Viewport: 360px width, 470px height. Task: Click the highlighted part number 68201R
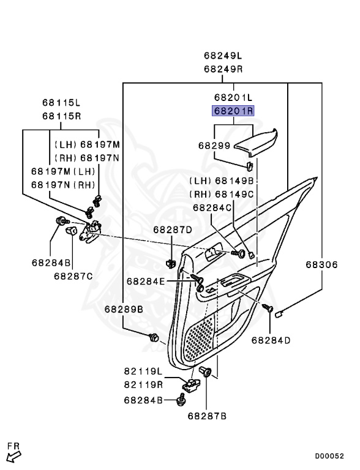pyautogui.click(x=233, y=111)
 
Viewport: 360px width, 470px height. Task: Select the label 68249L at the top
pyautogui.click(x=223, y=56)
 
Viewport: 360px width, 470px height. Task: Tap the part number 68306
pyautogui.click(x=321, y=264)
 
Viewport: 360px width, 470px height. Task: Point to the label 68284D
pyautogui.click(x=271, y=340)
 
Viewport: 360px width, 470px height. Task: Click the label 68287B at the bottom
pyautogui.click(x=207, y=416)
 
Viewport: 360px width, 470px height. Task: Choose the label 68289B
pyautogui.click(x=124, y=309)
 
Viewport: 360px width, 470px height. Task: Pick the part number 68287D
pyautogui.click(x=173, y=230)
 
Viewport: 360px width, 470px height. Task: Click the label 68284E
pyautogui.click(x=146, y=281)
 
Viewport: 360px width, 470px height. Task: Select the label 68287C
pyautogui.click(x=73, y=276)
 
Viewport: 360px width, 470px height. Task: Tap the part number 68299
pyautogui.click(x=214, y=146)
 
